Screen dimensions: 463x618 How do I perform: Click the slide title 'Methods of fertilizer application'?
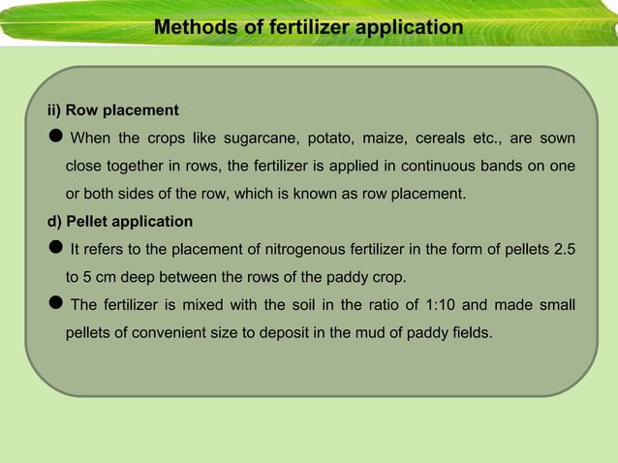(x=308, y=27)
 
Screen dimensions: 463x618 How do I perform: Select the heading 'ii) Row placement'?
(x=107, y=109)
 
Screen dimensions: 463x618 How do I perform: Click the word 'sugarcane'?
(x=258, y=138)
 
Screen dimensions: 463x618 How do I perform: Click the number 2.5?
(x=564, y=250)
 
